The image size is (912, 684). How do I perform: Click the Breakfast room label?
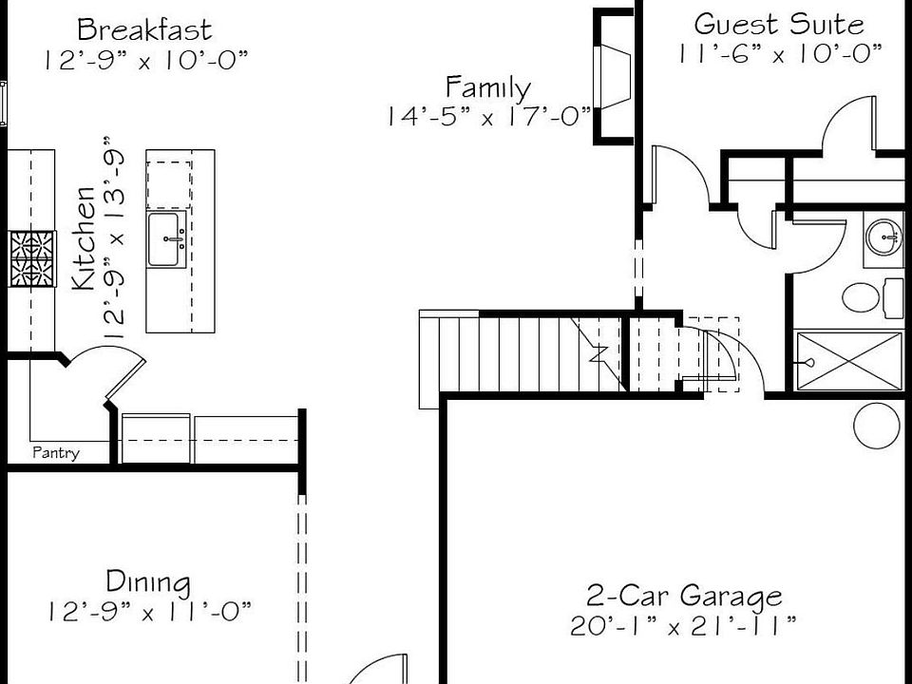click(144, 29)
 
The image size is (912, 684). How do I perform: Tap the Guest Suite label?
click(779, 24)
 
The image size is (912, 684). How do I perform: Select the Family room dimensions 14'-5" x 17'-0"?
click(488, 116)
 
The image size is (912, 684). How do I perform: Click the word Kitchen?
click(85, 237)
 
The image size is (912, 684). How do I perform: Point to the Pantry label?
click(56, 453)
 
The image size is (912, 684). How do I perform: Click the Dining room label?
click(147, 580)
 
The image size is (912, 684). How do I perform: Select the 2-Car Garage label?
click(684, 596)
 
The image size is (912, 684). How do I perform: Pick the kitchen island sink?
click(166, 239)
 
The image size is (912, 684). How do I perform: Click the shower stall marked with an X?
click(848, 360)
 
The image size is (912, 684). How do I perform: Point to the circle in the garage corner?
click(879, 426)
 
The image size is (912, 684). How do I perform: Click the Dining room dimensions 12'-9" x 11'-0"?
click(149, 611)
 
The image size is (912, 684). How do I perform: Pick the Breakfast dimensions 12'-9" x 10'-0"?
click(144, 60)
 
